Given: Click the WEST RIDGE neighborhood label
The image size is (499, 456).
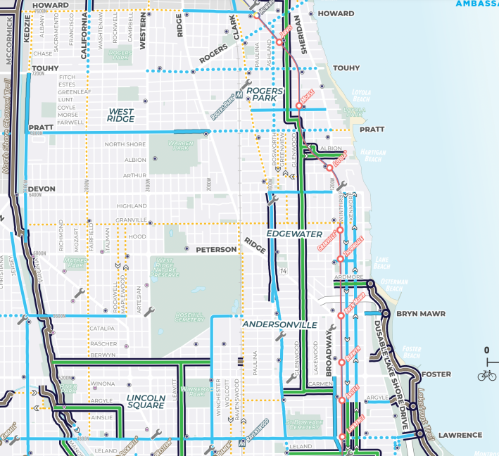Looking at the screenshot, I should click(120, 115).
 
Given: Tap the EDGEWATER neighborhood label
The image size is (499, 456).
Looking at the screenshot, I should click(293, 234).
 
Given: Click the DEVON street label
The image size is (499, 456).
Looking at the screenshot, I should click(42, 189).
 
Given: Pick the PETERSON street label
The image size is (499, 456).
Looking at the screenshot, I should click(217, 249).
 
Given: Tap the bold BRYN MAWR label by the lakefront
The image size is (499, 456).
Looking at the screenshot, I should click(418, 313).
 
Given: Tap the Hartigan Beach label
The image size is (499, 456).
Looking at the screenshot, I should click(371, 156).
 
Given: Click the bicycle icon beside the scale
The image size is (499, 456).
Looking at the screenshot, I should click(486, 375).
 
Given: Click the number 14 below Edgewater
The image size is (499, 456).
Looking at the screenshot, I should click(283, 271).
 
